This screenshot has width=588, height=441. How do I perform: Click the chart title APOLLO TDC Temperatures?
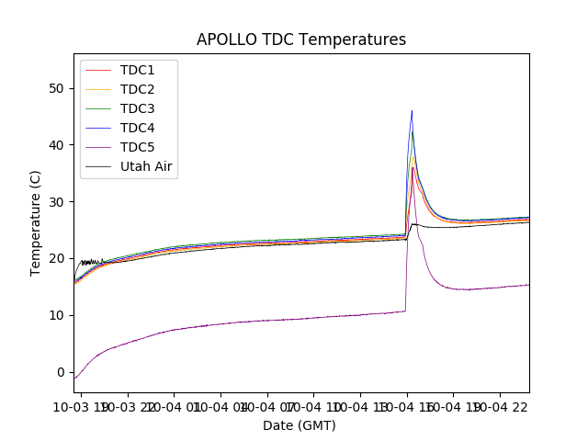(301, 40)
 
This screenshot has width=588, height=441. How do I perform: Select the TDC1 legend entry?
(138, 70)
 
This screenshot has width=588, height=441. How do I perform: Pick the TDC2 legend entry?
(138, 89)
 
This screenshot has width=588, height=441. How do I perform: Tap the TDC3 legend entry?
(138, 108)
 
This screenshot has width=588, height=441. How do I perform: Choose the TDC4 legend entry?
(138, 128)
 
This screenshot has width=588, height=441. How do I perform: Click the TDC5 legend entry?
(138, 147)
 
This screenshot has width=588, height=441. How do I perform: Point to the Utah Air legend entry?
(146, 166)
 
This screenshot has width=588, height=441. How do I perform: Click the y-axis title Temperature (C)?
(36, 223)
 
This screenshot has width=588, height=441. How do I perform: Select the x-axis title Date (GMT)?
(300, 425)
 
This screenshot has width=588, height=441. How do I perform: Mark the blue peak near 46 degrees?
(412, 111)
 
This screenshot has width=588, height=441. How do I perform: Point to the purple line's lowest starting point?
(74, 379)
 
